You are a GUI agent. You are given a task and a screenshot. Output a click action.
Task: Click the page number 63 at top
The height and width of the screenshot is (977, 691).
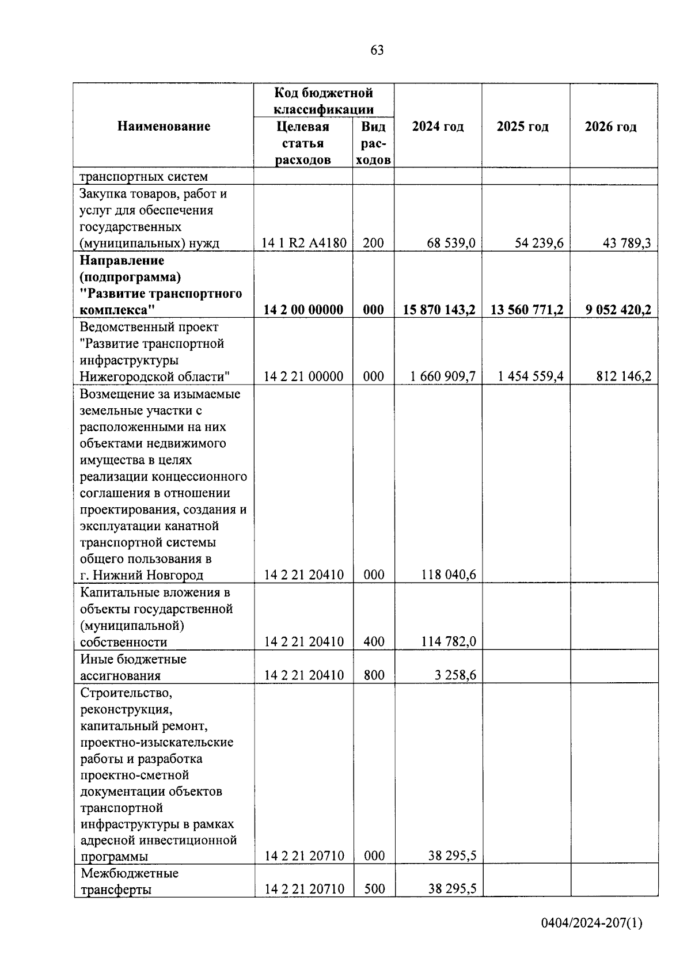pos(377,51)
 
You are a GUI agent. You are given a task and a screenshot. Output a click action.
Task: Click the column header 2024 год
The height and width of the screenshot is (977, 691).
pos(438,127)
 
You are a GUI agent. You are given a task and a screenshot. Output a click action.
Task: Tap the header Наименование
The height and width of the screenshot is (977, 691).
pos(164,126)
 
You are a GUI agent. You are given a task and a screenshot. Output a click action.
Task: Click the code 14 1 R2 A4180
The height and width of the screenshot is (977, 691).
pos(303,243)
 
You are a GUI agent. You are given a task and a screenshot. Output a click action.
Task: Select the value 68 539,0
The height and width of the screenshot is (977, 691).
pos(451,243)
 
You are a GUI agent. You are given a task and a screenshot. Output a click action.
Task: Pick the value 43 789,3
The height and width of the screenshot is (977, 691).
pos(627,243)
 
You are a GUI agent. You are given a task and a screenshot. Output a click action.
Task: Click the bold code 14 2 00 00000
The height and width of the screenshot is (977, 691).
pos(303,310)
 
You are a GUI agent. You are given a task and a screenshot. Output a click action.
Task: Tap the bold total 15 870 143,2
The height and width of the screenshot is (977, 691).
pos(439,310)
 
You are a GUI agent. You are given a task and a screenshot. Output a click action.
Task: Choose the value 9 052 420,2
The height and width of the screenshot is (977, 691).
pos(618,310)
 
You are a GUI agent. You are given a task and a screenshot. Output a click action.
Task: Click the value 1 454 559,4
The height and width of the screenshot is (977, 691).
pos(530,377)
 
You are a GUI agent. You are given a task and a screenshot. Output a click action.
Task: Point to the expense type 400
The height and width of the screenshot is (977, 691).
pos(374,641)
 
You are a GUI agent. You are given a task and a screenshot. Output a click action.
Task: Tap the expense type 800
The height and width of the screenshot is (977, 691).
pos(374,675)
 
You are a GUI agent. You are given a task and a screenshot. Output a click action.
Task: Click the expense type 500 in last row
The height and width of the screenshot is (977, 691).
pos(374,889)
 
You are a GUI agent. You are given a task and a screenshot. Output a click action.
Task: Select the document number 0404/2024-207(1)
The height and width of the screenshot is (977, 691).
pos(591,924)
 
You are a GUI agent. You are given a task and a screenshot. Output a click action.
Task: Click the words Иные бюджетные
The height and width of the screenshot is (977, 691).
pos(133,659)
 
